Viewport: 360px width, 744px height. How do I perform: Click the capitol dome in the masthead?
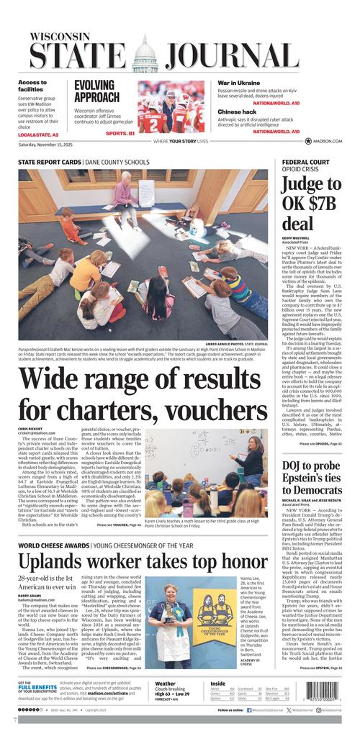[145, 53]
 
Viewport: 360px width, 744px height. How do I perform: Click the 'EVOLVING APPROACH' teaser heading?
[96, 91]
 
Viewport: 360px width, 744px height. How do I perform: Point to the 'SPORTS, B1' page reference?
[120, 133]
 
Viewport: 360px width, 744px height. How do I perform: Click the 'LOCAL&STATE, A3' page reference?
[38, 135]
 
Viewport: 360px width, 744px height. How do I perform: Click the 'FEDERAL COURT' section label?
[305, 162]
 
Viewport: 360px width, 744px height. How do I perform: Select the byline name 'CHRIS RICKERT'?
[31, 428]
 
